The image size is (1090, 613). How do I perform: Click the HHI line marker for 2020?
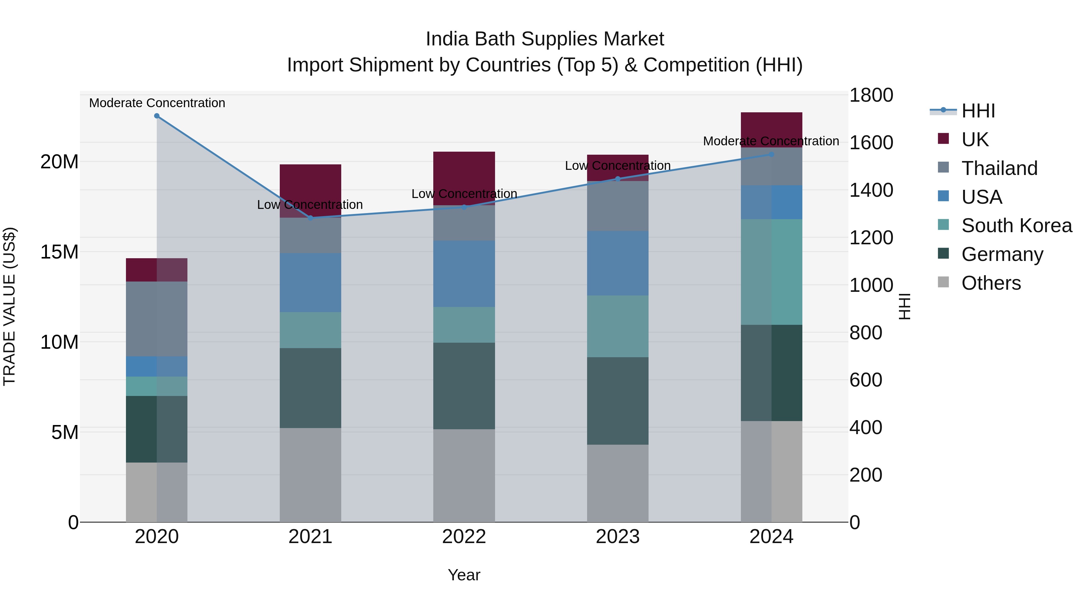[x=157, y=116]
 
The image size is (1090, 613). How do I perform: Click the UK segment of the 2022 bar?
[x=464, y=178]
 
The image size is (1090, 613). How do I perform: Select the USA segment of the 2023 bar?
[x=617, y=263]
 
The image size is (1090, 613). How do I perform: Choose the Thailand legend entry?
[x=999, y=168]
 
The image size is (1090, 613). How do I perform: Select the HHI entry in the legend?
[x=978, y=111]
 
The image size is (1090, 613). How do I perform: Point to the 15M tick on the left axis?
[x=59, y=252]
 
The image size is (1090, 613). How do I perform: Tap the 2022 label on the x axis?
[x=464, y=537]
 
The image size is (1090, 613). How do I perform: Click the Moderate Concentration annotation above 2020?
[x=157, y=103]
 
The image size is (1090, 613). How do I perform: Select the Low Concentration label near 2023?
[x=617, y=165]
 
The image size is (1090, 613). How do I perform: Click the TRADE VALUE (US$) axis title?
[x=9, y=306]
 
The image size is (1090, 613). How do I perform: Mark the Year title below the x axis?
[x=464, y=575]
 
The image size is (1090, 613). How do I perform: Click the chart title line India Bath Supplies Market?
[x=545, y=39]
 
